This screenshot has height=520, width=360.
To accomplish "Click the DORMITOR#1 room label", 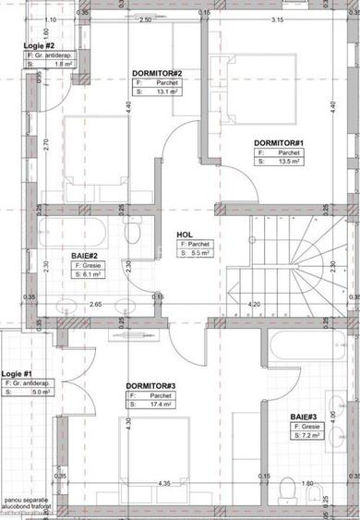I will [x=278, y=142].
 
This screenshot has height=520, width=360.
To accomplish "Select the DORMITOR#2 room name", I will [x=156, y=73].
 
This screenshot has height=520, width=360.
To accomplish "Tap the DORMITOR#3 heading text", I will [x=150, y=385].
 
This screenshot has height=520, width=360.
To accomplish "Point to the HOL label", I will [x=185, y=235].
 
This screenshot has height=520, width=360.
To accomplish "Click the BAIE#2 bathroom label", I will [x=86, y=255].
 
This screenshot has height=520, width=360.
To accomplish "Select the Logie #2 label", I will [x=38, y=45].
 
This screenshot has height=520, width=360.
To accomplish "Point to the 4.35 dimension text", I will [x=163, y=483].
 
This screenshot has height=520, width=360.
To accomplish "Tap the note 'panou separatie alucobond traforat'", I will [x=27, y=502].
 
